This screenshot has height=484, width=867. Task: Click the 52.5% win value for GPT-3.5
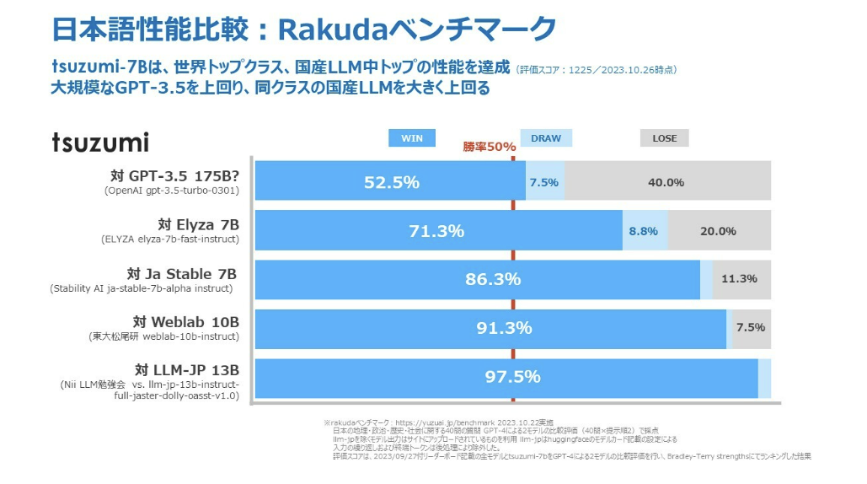[x=391, y=182]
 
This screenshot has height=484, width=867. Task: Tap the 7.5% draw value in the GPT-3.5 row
[x=543, y=182]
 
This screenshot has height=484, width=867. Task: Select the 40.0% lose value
[x=666, y=182]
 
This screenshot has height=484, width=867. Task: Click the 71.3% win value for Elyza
[x=436, y=231]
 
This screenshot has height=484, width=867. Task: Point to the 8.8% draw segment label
[x=643, y=231]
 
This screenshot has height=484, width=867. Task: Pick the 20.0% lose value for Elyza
[x=718, y=231]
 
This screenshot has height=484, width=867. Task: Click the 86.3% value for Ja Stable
[x=493, y=279]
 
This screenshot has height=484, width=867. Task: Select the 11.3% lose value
[x=739, y=279]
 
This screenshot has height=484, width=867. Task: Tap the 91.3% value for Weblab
[x=504, y=328]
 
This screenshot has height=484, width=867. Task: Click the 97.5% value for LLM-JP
[x=512, y=377]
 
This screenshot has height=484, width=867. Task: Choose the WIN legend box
[x=412, y=138]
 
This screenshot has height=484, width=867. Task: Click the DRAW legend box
[x=546, y=138]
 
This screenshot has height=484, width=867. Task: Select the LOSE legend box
[x=664, y=138]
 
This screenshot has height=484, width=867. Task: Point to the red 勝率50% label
[x=489, y=147]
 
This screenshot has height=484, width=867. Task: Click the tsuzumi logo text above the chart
[x=100, y=142]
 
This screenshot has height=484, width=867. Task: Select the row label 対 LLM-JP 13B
[x=186, y=370]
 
